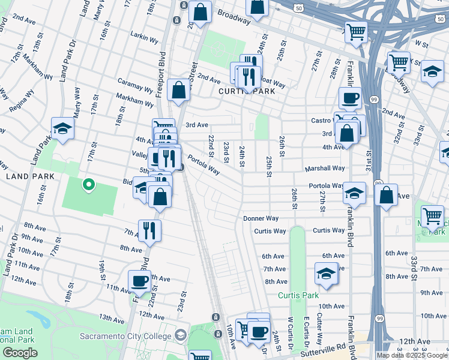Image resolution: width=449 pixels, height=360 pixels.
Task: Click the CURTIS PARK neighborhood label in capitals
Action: point(247,91)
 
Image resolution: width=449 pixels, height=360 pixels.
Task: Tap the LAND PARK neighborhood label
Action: point(30,176)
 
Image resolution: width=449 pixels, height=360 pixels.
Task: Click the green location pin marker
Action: point(89,184)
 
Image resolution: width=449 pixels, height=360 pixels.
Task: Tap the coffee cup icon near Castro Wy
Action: point(349,98)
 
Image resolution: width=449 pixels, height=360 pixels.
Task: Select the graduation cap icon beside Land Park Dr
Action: point(62,128)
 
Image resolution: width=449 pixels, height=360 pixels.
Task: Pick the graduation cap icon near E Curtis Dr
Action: point(325,274)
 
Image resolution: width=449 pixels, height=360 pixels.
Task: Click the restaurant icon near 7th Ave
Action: point(149,230)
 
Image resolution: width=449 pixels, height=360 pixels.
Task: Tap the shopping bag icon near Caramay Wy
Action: point(179,91)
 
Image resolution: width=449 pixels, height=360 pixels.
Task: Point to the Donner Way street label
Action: point(261,218)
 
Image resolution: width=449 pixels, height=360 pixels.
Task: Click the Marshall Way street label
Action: point(327,169)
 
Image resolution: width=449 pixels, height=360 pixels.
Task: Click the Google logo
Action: point(20,353)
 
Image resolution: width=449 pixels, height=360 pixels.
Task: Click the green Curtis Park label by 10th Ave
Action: point(298,295)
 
